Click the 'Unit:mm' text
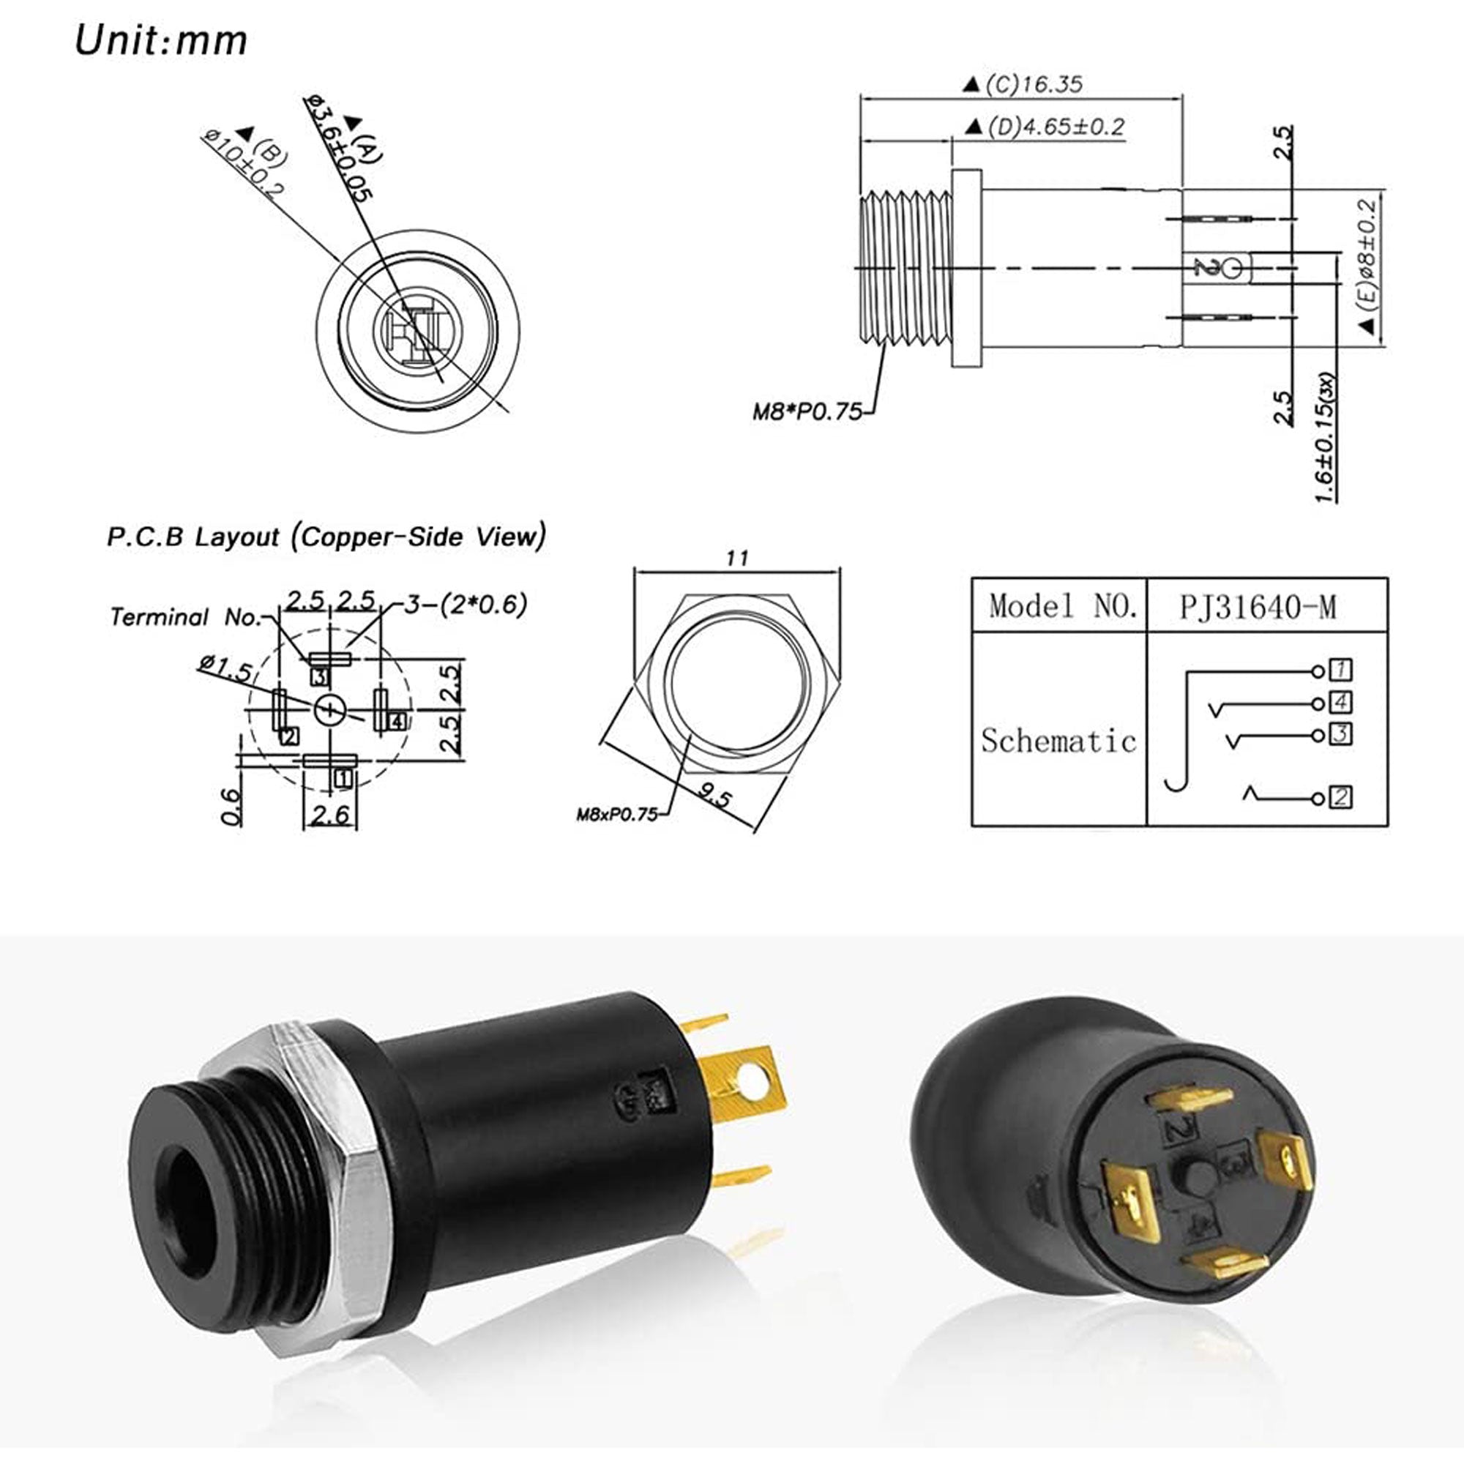coord(160,40)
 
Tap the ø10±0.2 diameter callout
coord(243,164)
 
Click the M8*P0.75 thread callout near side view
coord(806,411)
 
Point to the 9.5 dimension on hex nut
coord(714,796)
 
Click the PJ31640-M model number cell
coord(1257,607)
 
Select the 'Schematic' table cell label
coord(1058,740)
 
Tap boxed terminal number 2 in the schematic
coord(1340,796)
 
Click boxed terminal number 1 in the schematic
coord(1340,670)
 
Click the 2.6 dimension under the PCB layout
coord(330,815)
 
